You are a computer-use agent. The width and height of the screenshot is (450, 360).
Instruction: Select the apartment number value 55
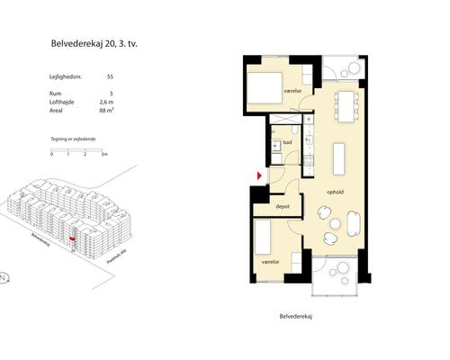click(x=110, y=79)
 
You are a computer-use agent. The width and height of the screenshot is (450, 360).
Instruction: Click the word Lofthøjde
click(x=62, y=103)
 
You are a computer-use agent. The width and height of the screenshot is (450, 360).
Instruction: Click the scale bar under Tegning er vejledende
click(x=78, y=149)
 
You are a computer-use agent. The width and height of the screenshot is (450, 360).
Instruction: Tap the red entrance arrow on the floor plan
click(x=259, y=175)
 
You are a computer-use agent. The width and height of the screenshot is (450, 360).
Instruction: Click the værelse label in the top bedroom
click(x=291, y=91)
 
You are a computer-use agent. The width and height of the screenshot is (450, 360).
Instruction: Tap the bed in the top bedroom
click(x=265, y=89)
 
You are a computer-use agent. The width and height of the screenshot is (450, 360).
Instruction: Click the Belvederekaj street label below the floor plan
click(x=301, y=317)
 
